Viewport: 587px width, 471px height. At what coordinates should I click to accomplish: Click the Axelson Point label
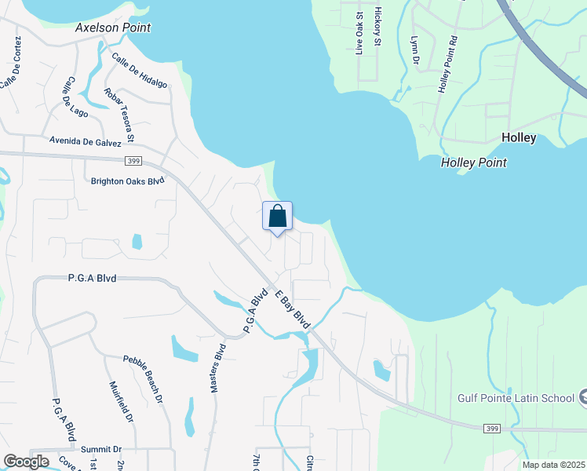point(113,27)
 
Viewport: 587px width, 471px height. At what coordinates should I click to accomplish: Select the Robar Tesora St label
point(119,115)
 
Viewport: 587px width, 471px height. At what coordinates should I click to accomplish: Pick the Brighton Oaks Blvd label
point(127,181)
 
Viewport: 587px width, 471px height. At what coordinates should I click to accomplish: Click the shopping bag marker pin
point(277,217)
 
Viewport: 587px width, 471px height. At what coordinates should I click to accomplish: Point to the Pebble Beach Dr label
point(142,379)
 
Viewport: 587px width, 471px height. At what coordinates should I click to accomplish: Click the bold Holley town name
point(519,137)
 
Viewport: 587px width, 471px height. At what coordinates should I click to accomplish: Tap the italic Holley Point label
point(473,162)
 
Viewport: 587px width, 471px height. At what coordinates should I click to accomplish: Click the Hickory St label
point(377,27)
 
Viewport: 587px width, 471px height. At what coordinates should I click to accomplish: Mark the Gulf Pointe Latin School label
point(516,397)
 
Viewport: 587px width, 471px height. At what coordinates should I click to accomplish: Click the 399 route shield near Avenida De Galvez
point(132,161)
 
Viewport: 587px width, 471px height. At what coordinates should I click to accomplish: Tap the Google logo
point(27,462)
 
